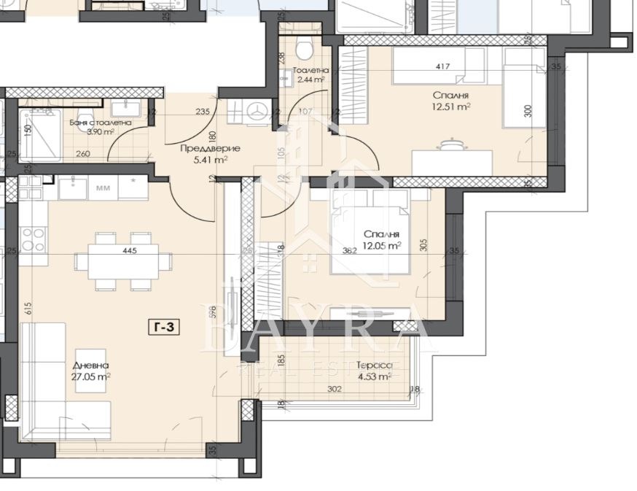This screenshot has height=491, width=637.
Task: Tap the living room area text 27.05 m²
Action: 91,377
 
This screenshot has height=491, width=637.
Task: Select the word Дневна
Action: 90,366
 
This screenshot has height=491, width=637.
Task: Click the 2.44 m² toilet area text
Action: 309,80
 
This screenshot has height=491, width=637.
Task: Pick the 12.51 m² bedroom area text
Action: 450,107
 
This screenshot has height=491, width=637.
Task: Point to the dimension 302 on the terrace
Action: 334,389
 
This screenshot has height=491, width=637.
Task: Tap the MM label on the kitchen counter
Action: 103,187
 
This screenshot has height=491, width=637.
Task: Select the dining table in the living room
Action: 125,260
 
